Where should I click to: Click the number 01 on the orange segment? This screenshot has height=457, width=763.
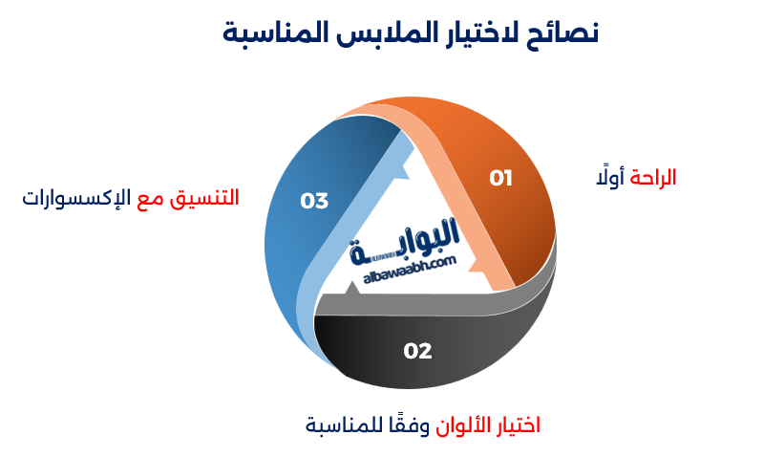[501, 178]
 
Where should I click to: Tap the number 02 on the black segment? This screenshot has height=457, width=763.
[417, 351]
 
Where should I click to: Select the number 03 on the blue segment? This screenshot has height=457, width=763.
[314, 201]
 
